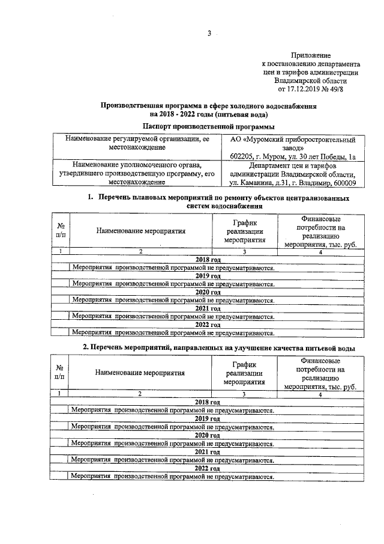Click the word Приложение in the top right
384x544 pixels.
[x=311, y=55]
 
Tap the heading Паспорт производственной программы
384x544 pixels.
[x=209, y=126]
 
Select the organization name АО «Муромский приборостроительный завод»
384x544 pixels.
[x=293, y=144]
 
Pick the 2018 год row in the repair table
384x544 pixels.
[x=208, y=260]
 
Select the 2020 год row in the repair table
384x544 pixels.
[x=208, y=292]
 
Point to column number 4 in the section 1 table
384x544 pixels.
[x=320, y=252]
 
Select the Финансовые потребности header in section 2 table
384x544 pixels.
[x=320, y=373]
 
